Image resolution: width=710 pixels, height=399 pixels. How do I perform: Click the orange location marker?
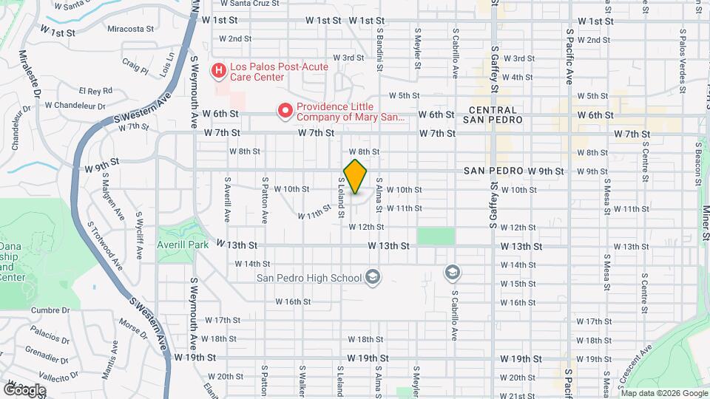coord(356,177)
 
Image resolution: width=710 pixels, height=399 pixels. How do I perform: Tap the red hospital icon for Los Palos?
coord(219,71)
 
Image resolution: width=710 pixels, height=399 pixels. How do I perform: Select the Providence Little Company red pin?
coord(285,112)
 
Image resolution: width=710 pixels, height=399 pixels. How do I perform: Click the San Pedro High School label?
coord(309,278)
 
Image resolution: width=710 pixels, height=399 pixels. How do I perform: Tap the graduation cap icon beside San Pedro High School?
coord(373,278)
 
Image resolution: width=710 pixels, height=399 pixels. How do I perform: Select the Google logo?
coord(24,389)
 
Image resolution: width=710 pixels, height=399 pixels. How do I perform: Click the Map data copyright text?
coord(663,393)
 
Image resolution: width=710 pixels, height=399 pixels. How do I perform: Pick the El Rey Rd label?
coord(95,91)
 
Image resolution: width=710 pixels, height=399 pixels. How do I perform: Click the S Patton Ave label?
coord(264,199)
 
